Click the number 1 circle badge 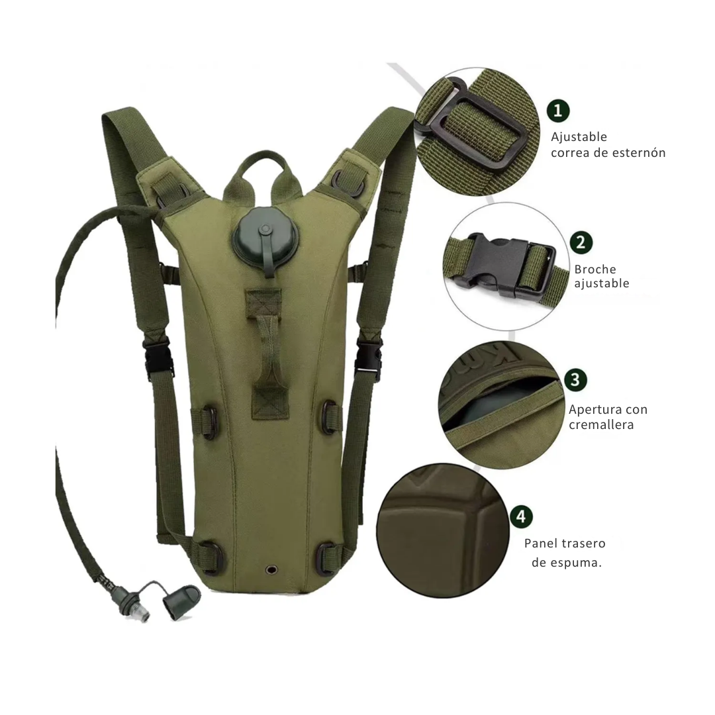coord(558,111)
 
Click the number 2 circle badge coord(581,242)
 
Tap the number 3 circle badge coord(575,379)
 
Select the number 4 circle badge coord(522,516)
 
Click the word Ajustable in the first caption coord(579,137)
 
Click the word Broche coord(595,269)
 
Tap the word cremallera coord(601,425)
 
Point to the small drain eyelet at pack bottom coord(273,569)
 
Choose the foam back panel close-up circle coord(443,531)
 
